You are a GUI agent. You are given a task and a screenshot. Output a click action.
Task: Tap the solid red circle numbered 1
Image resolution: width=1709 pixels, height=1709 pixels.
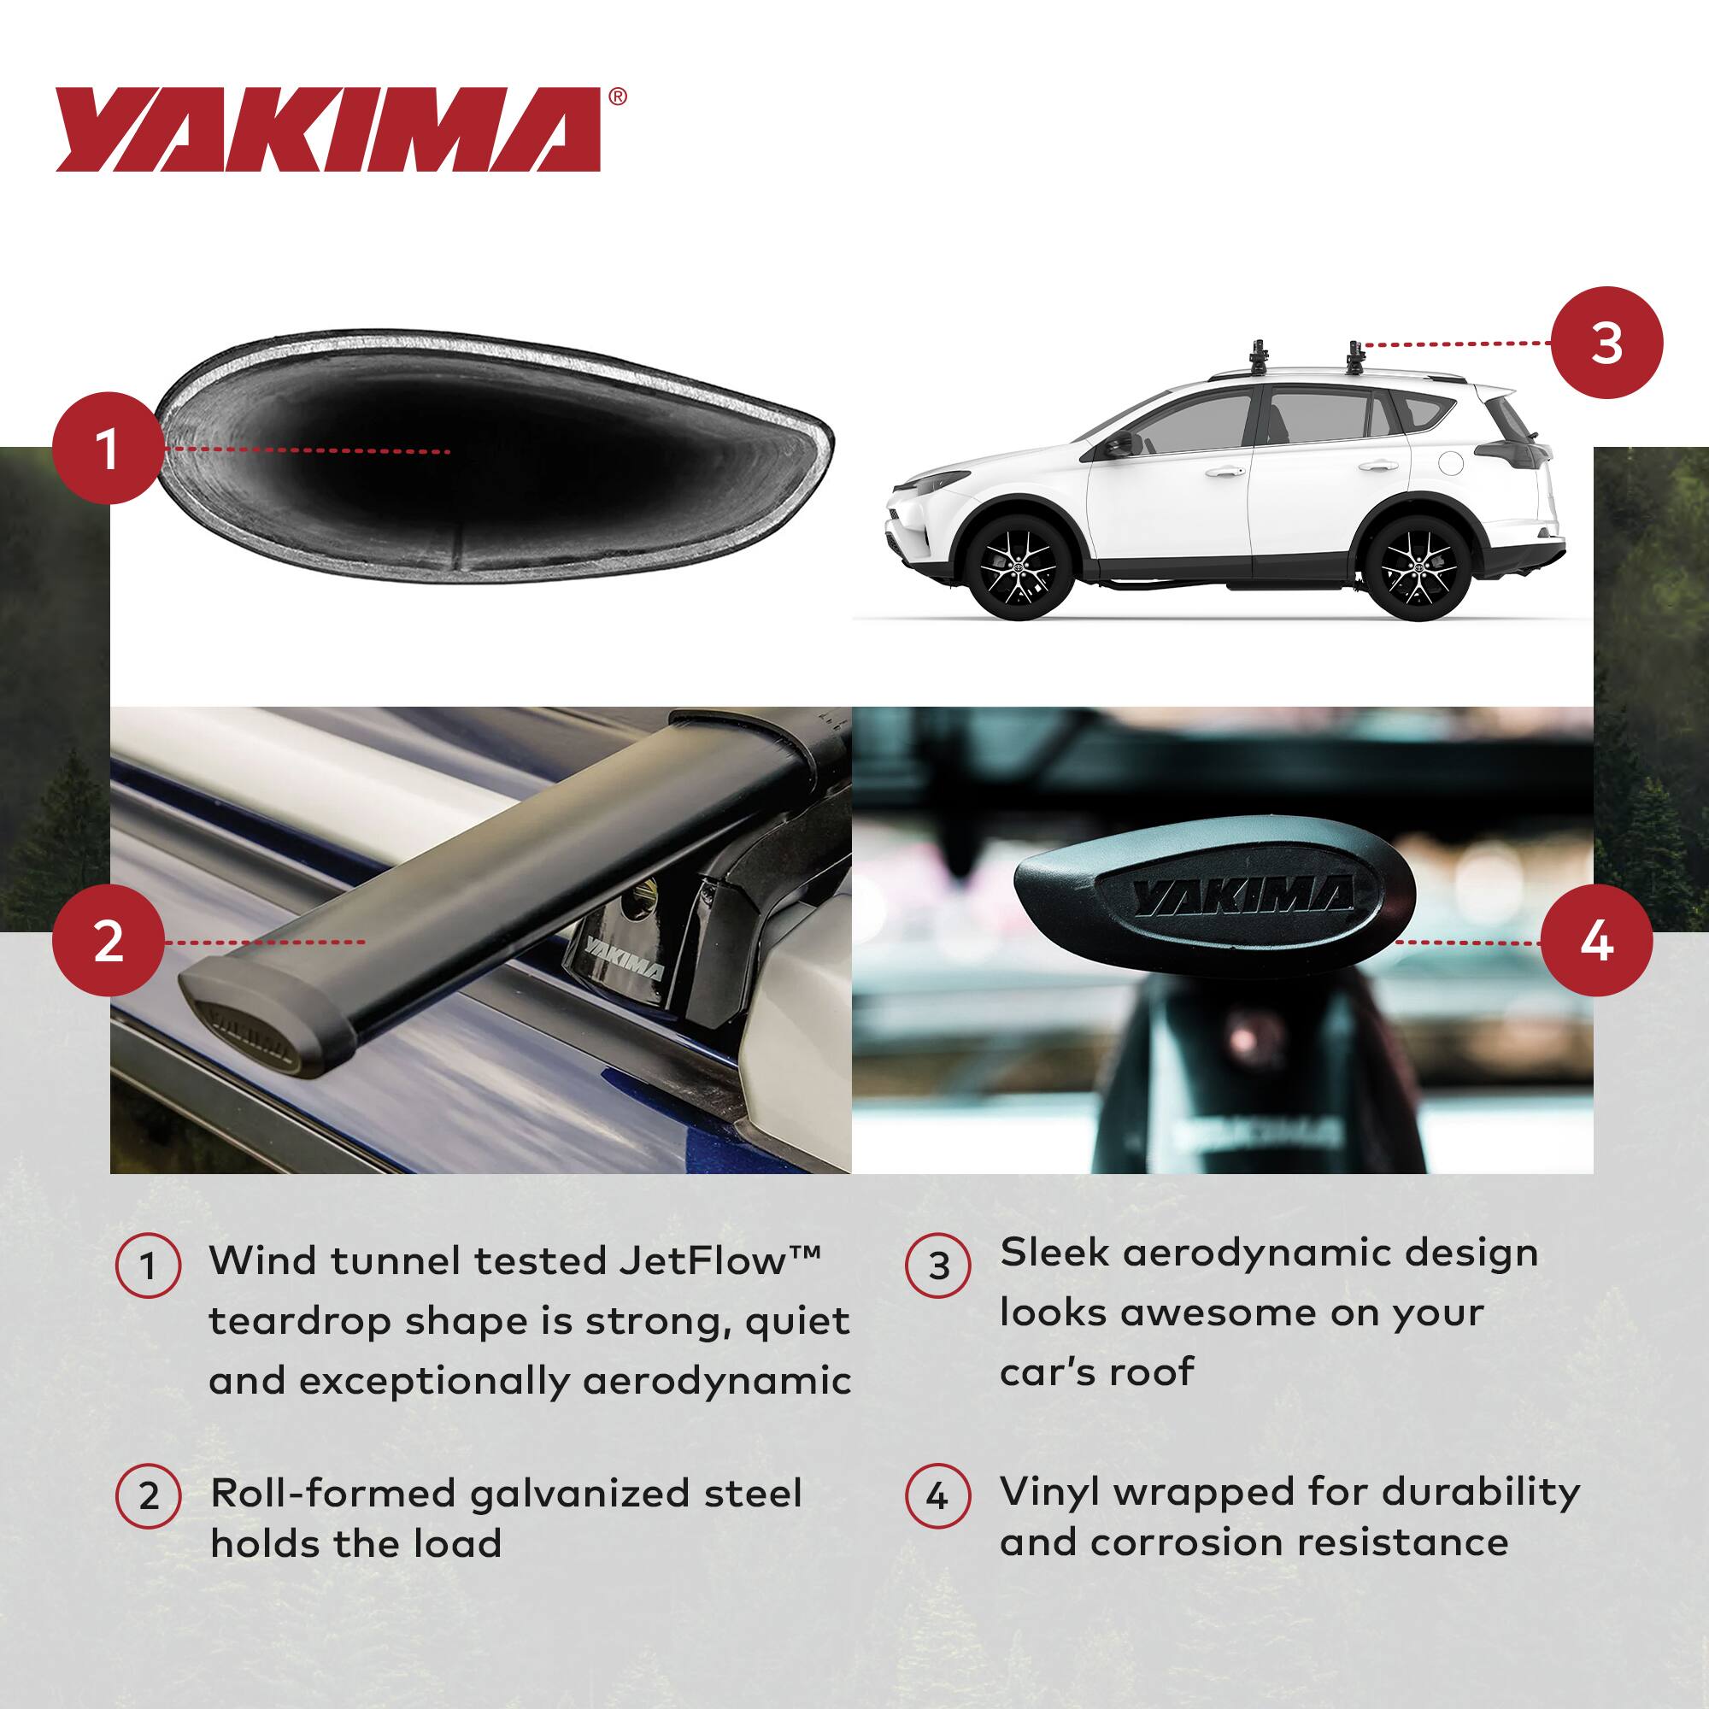pyautogui.click(x=108, y=449)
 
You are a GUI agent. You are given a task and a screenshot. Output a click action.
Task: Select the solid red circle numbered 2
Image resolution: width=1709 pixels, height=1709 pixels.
pyautogui.click(x=108, y=941)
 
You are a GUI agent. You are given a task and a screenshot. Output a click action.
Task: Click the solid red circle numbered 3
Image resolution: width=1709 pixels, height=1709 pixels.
pyautogui.click(x=1606, y=344)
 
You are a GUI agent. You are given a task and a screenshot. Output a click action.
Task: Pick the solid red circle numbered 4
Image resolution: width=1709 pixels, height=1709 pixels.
pyautogui.click(x=1597, y=942)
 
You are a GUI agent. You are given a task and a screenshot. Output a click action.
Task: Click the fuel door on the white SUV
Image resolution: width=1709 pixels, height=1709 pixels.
pyautogui.click(x=1451, y=461)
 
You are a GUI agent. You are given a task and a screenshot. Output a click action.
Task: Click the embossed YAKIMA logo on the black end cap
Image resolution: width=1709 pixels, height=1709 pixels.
pyautogui.click(x=1243, y=899)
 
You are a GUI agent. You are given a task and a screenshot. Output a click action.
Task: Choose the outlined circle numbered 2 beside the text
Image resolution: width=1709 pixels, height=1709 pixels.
pyautogui.click(x=149, y=1497)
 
